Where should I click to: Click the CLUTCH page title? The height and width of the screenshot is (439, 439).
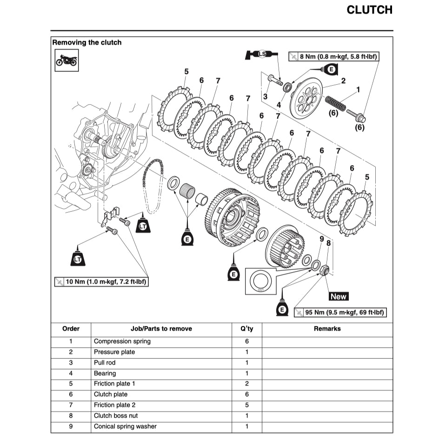coord(369,10)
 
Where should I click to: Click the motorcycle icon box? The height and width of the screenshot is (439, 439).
coord(66,60)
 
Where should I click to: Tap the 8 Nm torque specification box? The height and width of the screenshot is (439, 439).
coord(333,57)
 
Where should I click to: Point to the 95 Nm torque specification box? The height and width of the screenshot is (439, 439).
coord(341,312)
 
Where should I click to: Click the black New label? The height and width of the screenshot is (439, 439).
coord(339,296)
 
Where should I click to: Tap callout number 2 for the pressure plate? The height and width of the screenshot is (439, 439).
coord(343,81)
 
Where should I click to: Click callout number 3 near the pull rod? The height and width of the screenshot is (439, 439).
coord(265,97)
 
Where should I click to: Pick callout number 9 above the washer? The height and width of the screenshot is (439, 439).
coord(321,239)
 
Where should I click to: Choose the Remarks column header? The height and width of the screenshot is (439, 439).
coord(327,329)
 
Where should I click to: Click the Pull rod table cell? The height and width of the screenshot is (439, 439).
coord(105,363)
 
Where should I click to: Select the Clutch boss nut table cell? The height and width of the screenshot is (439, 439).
coord(116,416)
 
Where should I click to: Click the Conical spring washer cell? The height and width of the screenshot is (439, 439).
coord(125,426)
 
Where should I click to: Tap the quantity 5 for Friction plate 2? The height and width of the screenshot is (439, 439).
coord(246,405)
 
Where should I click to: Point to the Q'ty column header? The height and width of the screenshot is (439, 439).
coord(246,329)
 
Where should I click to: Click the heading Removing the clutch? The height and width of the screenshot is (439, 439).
coord(87,42)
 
